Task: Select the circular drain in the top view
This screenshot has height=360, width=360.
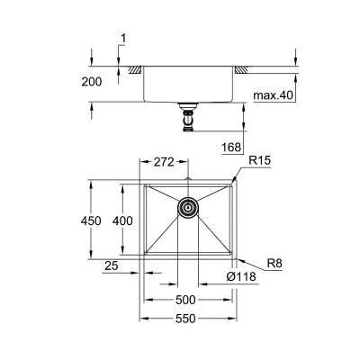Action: click(x=188, y=207)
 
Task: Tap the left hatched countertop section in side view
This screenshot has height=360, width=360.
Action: click(x=134, y=68)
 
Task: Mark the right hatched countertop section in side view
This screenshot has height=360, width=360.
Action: click(x=242, y=68)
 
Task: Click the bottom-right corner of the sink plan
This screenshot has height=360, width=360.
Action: click(x=237, y=260)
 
